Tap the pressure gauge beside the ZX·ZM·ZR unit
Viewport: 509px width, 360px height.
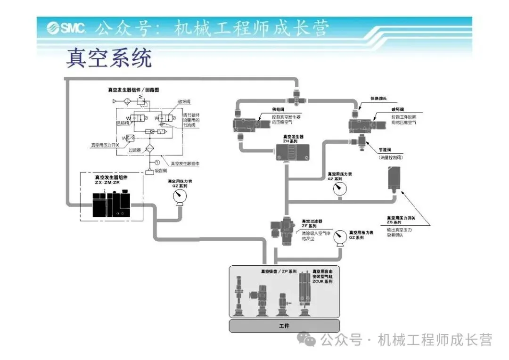point(179,200)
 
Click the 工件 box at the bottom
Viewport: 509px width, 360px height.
point(284,326)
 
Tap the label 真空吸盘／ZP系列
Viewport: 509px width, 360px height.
point(279,272)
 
